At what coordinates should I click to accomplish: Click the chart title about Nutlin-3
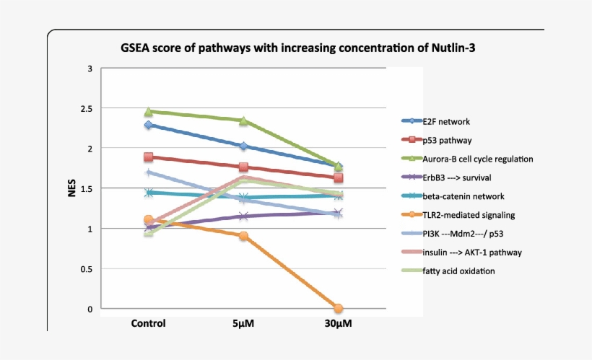click(x=298, y=48)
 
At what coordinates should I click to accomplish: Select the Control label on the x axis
click(x=148, y=323)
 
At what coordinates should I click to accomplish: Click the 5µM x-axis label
click(x=243, y=323)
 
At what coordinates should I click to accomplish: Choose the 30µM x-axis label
click(x=338, y=323)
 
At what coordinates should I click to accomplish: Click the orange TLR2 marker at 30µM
click(x=338, y=309)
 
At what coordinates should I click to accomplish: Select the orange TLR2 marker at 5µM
click(x=243, y=236)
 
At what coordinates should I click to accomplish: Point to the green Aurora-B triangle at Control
click(x=149, y=112)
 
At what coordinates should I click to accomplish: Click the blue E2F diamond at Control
click(x=149, y=125)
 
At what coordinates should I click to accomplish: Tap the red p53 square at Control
click(x=149, y=157)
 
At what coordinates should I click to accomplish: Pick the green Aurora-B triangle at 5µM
click(x=243, y=120)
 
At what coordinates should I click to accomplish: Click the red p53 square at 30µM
click(x=338, y=177)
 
